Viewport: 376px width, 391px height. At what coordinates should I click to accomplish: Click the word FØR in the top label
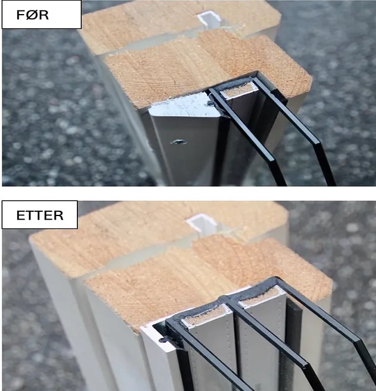[x=32, y=15]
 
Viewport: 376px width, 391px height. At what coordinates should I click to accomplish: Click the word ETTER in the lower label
[x=40, y=215]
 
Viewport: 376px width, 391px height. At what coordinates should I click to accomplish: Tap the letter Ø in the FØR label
[x=33, y=15]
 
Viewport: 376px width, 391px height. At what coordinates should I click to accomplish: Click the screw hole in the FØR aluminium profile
[x=179, y=142]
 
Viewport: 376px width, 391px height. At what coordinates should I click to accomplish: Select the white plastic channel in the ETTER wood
[x=202, y=224]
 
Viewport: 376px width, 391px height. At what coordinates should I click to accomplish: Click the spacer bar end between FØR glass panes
[x=239, y=91]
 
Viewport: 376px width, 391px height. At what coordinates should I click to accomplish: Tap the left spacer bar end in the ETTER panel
[x=206, y=316]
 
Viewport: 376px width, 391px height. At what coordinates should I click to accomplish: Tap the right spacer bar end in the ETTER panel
[x=262, y=296]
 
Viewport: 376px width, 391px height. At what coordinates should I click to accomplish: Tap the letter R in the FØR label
[x=44, y=15]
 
